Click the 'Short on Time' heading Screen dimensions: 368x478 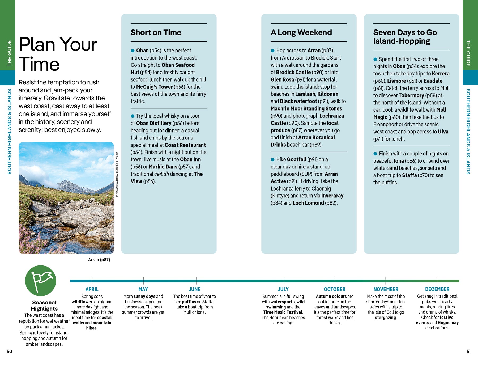(156, 32)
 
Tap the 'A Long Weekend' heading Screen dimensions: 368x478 (301, 32)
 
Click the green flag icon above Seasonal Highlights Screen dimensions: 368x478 (41, 281)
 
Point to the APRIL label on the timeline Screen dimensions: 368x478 (92, 289)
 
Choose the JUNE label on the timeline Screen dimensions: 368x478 (194, 289)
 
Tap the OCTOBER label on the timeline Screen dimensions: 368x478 (334, 289)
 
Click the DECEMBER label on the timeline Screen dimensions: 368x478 (437, 289)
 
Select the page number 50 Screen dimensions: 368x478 (9, 351)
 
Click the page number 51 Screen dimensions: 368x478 (468, 351)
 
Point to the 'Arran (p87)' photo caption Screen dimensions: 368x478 (99, 260)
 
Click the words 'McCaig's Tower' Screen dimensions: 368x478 (154, 87)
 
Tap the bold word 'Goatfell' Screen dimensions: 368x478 (297, 159)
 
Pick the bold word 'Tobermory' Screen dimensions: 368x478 (411, 95)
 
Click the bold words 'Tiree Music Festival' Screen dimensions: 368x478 (283, 312)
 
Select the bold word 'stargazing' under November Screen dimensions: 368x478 (385, 318)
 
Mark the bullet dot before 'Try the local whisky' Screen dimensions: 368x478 (133, 116)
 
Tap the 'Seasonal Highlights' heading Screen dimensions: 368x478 (44, 306)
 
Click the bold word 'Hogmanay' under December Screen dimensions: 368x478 (448, 323)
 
